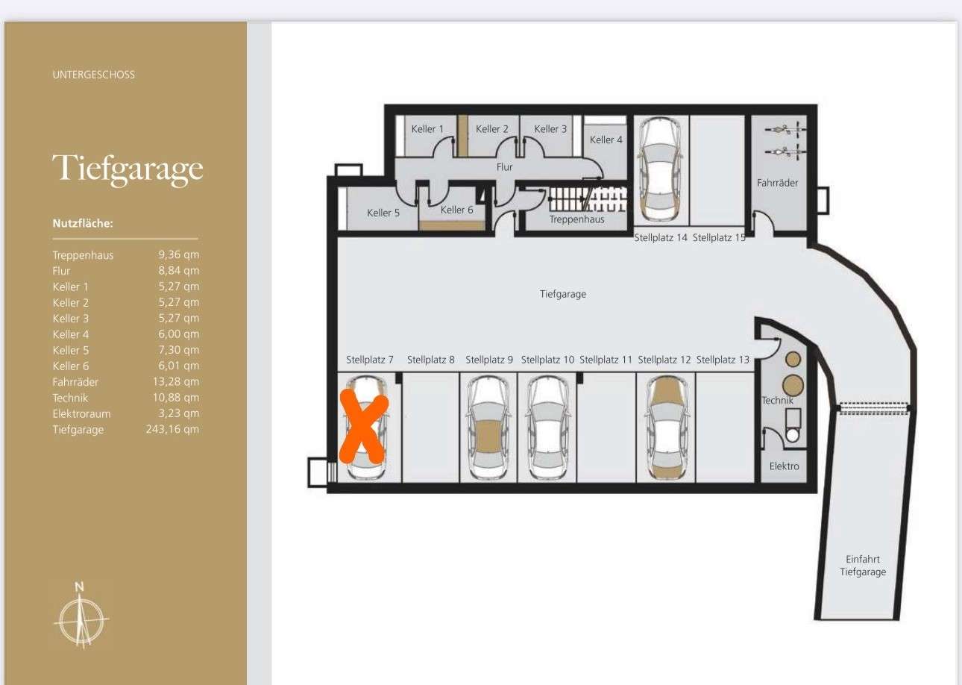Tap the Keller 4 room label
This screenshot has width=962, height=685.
[606, 140]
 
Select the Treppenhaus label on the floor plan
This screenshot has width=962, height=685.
[576, 219]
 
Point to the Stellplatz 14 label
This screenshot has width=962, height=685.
[661, 237]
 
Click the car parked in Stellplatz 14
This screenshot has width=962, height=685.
[661, 169]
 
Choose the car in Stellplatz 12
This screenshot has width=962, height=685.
[667, 428]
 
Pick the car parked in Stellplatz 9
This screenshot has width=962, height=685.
[488, 428]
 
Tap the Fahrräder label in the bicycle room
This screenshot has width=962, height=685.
[777, 183]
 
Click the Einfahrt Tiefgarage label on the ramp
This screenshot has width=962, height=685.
[863, 566]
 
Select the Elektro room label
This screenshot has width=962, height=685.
[785, 466]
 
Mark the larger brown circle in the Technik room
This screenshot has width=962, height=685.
[793, 385]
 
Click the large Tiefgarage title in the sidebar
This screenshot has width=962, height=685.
[128, 169]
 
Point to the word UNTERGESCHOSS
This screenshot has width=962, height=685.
[94, 75]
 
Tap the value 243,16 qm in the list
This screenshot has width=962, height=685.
[173, 429]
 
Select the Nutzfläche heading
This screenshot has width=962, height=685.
[83, 223]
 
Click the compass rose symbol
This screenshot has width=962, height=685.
[81, 616]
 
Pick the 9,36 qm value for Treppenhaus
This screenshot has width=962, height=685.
[179, 254]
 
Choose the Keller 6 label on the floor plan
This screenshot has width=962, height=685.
[456, 210]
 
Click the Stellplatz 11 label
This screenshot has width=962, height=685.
[606, 360]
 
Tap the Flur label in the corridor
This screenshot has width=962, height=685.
[504, 166]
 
